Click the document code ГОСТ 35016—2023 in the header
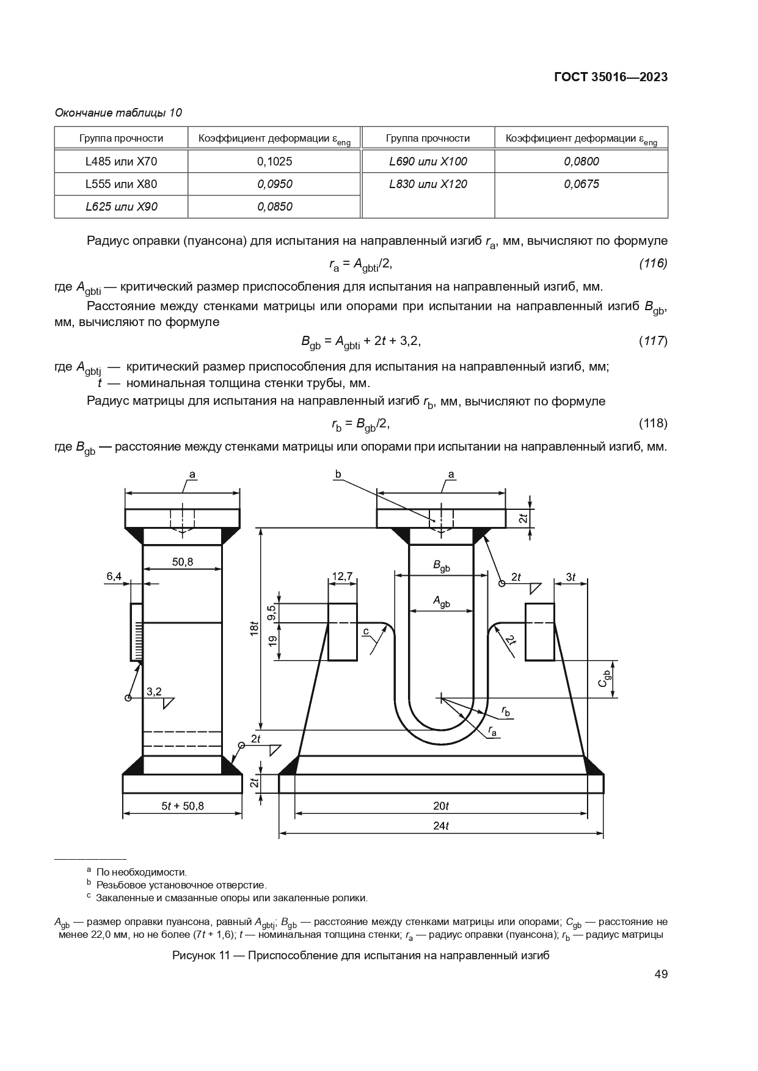tap(610, 77)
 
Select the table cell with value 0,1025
tap(274, 161)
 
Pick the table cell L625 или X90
tap(121, 206)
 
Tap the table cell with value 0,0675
tap(581, 184)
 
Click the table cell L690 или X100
tap(428, 161)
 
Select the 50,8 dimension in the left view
tap(182, 562)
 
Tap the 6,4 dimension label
tap(114, 576)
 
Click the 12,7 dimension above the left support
tap(342, 576)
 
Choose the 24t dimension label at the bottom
tap(441, 826)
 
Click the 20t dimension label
tap(441, 806)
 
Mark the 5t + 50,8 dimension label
tap(183, 806)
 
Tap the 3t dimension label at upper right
tap(570, 576)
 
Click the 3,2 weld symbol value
tap(154, 692)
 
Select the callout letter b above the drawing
tap(338, 474)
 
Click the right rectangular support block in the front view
tap(539, 631)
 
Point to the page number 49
tap(660, 974)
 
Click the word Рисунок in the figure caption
tap(192, 956)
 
